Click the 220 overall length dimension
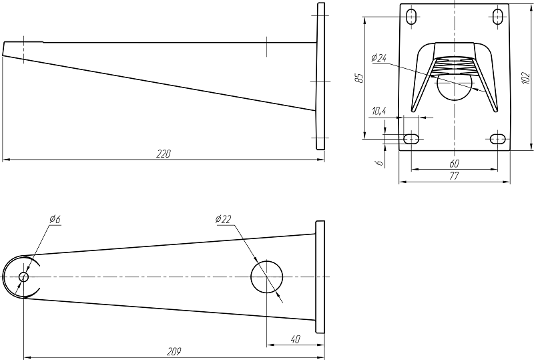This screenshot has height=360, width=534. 164,154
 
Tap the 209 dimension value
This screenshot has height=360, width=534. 174,351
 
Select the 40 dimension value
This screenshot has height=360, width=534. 296,339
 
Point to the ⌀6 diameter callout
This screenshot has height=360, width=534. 55,219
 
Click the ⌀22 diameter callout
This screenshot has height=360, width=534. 223,219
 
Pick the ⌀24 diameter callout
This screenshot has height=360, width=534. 379,58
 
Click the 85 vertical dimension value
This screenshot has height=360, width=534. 359,77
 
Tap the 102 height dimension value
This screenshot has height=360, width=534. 526,77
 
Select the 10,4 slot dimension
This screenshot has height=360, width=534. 378,111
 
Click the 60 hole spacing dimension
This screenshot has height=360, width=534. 455,164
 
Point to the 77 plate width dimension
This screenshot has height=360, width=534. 455,176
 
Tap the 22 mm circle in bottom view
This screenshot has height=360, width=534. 267,277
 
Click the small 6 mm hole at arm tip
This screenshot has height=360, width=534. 23,277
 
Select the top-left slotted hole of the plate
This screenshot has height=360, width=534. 412,17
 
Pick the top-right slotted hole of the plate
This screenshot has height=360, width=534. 497,17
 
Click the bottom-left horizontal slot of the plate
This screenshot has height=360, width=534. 411,139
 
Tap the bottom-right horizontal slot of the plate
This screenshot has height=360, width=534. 497,139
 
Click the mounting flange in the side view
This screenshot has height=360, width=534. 320,76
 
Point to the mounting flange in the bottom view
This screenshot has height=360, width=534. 320,277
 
